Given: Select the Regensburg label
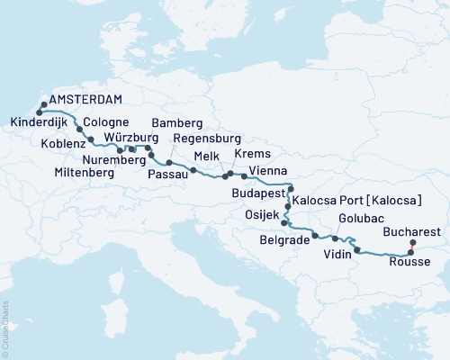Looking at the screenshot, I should (x=205, y=139).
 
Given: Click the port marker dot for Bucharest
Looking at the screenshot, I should (x=413, y=244).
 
